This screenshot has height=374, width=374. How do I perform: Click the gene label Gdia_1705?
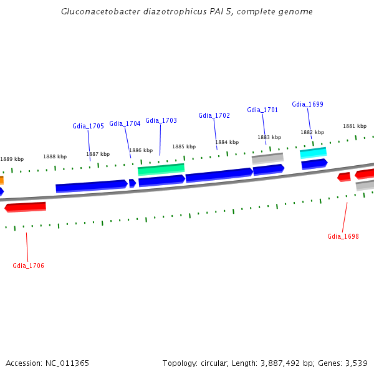(88, 126)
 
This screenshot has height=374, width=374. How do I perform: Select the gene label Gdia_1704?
(125, 123)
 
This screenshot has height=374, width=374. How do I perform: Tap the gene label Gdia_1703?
(161, 120)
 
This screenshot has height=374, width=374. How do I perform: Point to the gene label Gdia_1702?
(214, 115)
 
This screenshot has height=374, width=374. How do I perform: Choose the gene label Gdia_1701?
(262, 110)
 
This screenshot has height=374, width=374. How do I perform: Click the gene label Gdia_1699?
(307, 104)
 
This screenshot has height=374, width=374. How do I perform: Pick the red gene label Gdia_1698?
(343, 236)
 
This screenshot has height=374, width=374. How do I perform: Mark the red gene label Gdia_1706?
(28, 266)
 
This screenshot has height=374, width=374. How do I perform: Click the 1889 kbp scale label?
(12, 159)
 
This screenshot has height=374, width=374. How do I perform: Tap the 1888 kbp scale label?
(55, 156)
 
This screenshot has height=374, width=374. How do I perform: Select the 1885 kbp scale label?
(184, 146)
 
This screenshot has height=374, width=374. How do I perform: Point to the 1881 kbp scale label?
(355, 126)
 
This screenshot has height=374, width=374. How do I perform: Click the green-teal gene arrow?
(161, 169)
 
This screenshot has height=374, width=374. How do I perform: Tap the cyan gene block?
(313, 153)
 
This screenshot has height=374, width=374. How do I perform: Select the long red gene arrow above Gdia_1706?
(26, 207)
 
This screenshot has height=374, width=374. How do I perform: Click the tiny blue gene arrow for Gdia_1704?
(132, 183)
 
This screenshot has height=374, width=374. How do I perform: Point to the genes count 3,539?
(357, 363)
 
